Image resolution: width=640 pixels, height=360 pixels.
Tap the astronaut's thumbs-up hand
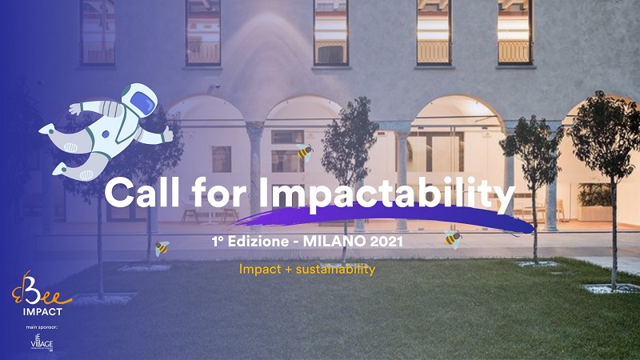(x=166, y=134)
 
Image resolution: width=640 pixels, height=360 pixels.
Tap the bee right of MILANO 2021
(x=453, y=238)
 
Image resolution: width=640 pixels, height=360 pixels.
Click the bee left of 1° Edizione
(x=162, y=248)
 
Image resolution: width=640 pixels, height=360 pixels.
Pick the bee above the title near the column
(x=304, y=152)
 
